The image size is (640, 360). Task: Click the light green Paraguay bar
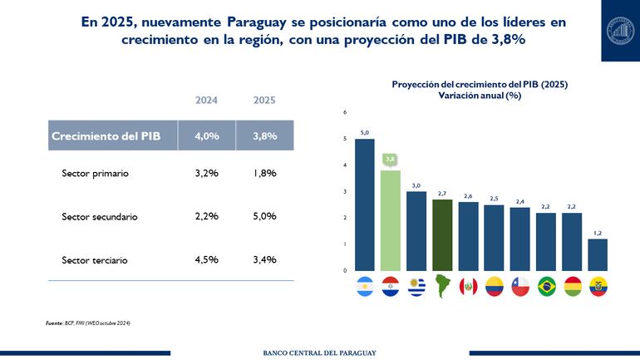(x=391, y=220)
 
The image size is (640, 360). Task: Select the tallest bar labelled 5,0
(x=364, y=205)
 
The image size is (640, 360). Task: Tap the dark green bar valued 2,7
(x=443, y=234)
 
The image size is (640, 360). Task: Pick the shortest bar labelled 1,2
(x=598, y=254)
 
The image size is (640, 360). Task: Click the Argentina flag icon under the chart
(x=364, y=287)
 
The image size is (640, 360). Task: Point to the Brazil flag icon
(x=546, y=287)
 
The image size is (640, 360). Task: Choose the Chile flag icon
(x=520, y=287)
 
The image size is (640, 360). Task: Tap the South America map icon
(x=443, y=287)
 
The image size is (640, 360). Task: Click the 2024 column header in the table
(x=207, y=101)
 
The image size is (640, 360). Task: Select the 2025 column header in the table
(x=264, y=101)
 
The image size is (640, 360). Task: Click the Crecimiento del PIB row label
(x=106, y=136)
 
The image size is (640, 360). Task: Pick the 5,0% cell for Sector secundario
(x=264, y=216)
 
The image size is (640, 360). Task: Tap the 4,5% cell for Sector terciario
(x=207, y=259)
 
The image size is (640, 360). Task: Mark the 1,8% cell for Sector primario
(x=264, y=174)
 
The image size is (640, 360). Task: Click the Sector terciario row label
(x=95, y=260)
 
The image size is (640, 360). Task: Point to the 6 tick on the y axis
(x=345, y=112)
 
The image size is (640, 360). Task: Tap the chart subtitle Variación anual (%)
(x=480, y=96)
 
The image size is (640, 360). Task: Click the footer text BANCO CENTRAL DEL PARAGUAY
(x=320, y=353)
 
